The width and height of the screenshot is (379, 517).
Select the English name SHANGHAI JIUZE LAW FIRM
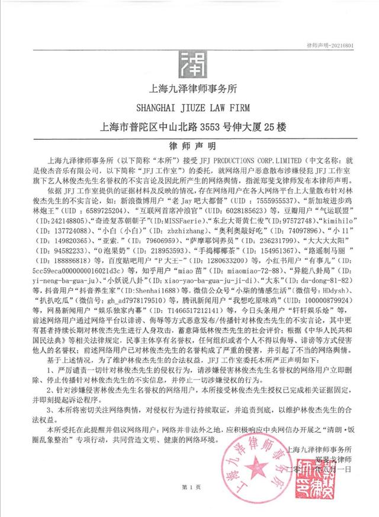click(189, 107)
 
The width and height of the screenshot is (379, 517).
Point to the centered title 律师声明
click(189, 145)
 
